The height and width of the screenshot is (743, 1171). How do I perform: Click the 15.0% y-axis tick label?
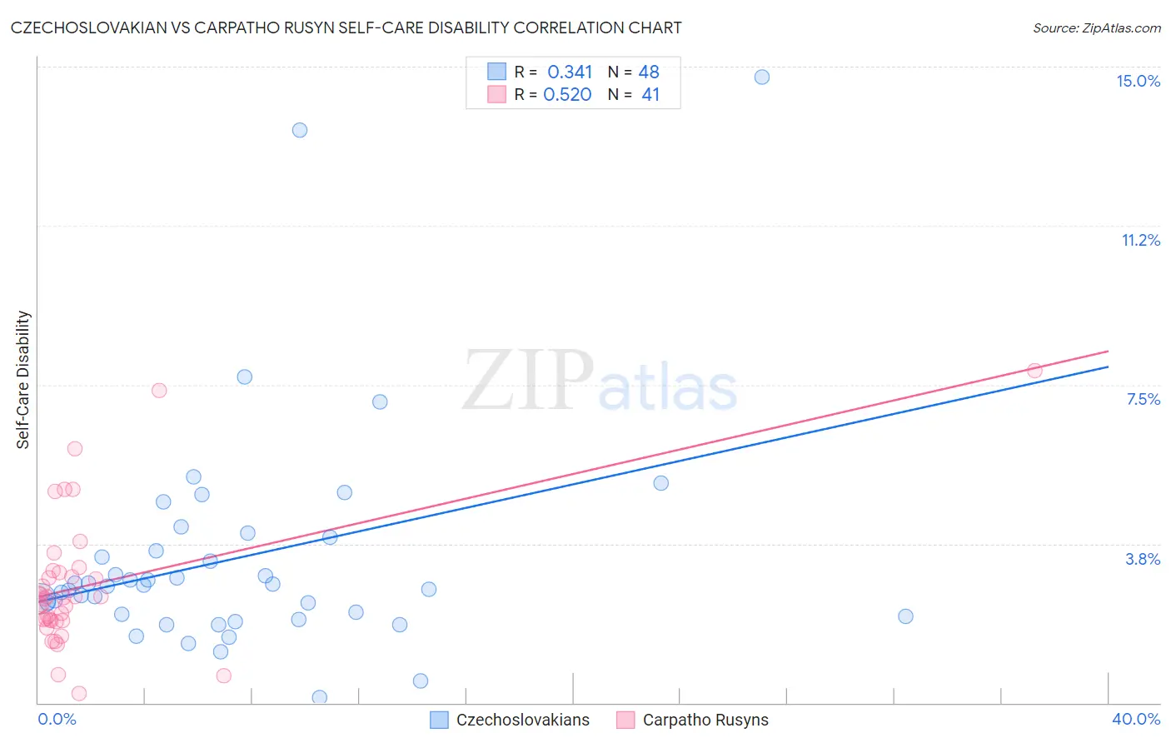[1138, 81]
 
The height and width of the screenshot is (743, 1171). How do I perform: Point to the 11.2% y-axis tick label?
[1140, 240]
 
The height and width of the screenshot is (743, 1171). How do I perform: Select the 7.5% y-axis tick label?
[1143, 399]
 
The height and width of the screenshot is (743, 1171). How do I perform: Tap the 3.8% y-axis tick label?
[1143, 559]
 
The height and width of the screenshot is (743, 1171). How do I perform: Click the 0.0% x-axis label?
[57, 719]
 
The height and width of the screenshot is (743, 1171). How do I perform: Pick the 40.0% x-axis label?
[1135, 719]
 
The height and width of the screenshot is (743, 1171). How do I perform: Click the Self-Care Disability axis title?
[22, 380]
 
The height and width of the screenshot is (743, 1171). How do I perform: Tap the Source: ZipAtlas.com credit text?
[1096, 27]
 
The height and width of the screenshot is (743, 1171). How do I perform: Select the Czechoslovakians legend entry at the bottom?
[522, 720]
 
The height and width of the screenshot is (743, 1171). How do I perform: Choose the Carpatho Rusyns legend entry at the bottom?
[705, 720]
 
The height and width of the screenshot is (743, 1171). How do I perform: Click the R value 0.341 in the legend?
[570, 72]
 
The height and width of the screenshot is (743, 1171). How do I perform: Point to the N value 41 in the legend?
[650, 95]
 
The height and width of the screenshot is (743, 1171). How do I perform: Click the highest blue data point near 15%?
[762, 77]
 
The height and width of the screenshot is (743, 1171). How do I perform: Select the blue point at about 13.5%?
[300, 130]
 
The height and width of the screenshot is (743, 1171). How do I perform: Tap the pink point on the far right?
[1034, 371]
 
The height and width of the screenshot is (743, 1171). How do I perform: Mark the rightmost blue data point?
[905, 616]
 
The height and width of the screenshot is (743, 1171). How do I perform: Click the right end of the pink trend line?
[1108, 351]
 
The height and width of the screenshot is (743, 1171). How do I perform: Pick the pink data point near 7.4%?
[159, 391]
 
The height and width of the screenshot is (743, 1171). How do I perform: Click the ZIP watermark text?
[528, 381]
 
